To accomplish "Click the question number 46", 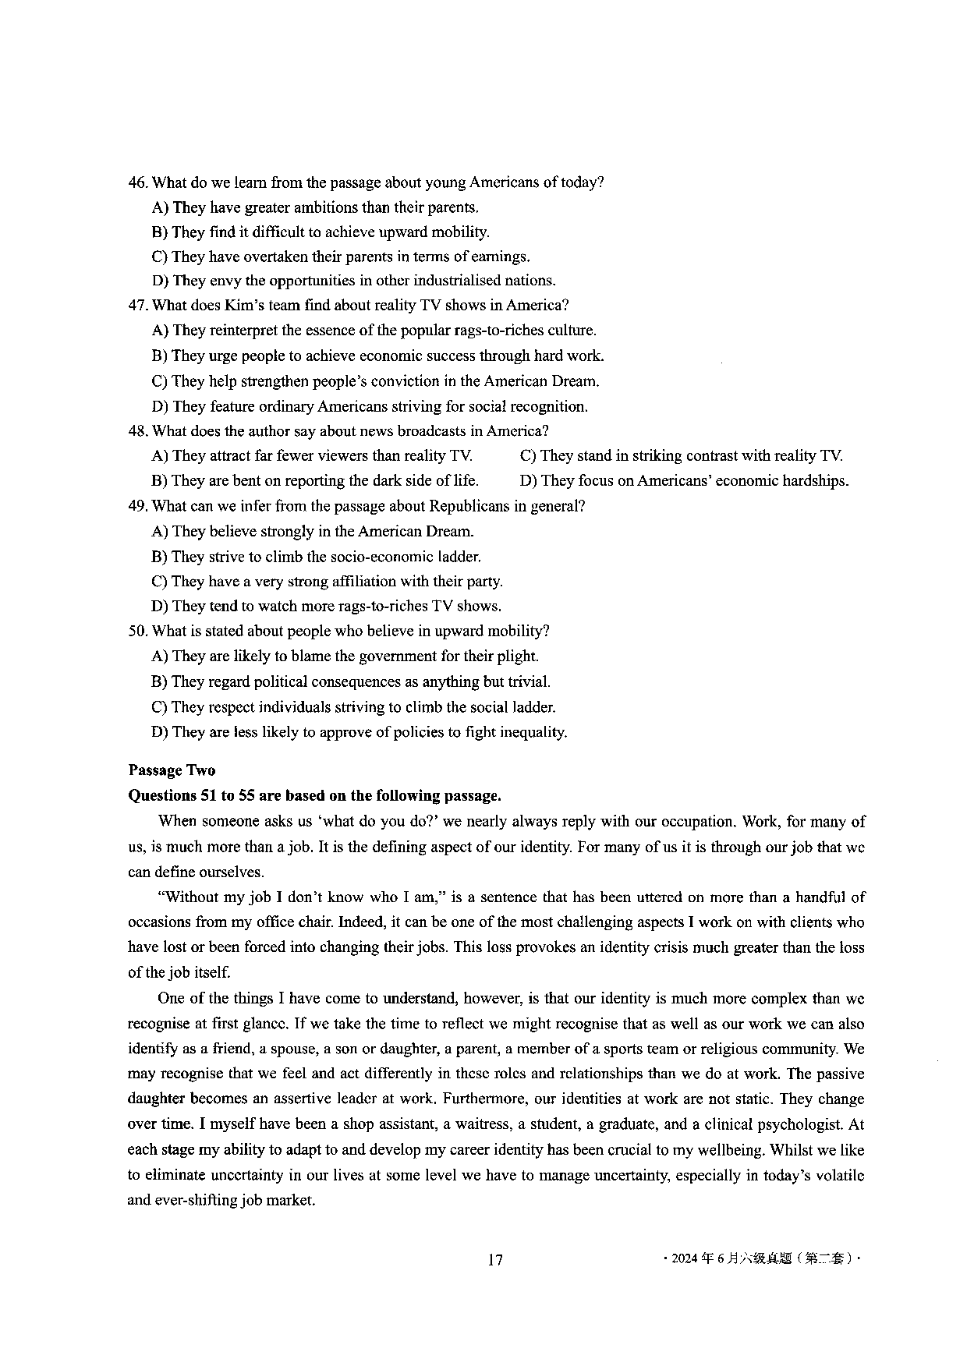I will coord(137,182).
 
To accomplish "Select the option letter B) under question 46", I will coord(160,232).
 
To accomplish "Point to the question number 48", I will coord(137,431).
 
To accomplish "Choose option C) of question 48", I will coord(528,455).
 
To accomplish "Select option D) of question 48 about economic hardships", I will coord(528,481).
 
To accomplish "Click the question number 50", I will coord(137,631).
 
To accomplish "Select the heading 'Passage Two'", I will coord(172,770).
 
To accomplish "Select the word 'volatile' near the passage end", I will coord(838,1175).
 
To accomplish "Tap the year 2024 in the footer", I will coord(684,1258).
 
